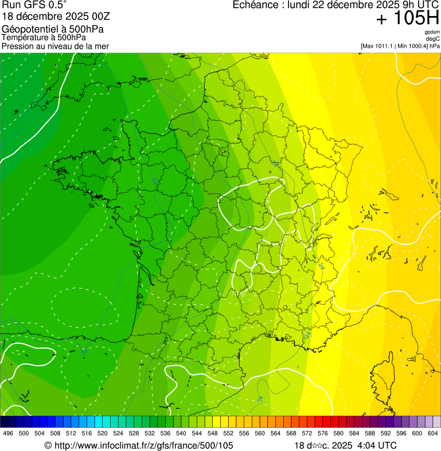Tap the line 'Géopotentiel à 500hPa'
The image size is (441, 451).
point(53,29)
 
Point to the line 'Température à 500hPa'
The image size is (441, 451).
point(44,38)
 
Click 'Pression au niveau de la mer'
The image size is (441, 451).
point(55,46)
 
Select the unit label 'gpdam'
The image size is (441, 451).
point(432,32)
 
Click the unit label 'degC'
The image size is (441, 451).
point(433,39)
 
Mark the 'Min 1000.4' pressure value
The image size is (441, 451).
point(413,46)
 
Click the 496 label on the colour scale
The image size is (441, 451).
point(8,433)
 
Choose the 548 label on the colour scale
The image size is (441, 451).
point(213,433)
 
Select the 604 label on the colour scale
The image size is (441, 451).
point(433,433)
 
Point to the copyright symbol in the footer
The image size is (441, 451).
point(48,445)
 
